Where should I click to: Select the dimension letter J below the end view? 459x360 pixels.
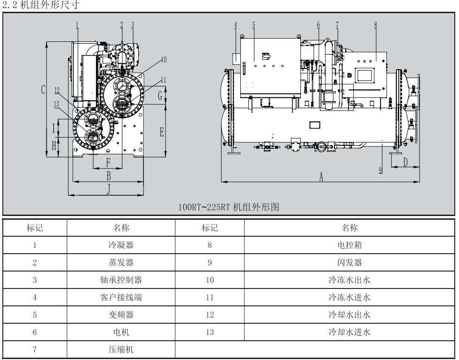tap(109, 189)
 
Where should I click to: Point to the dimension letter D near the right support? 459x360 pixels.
tap(405, 162)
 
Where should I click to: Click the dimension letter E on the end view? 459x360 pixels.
tap(162, 132)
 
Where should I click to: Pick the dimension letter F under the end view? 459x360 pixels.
tap(108, 163)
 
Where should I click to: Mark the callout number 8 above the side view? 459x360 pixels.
tap(375, 25)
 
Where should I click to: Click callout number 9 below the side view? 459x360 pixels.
tap(380, 170)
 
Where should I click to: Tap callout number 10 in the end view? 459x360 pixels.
tap(164, 59)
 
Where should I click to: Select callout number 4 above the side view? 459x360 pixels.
tap(236, 25)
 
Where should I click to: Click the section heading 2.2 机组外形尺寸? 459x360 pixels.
tap(40, 6)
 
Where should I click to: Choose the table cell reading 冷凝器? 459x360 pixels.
tap(121, 245)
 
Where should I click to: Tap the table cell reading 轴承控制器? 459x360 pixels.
tap(121, 280)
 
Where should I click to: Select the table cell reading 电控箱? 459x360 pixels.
tap(350, 245)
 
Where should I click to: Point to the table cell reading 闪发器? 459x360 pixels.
tap(350, 262)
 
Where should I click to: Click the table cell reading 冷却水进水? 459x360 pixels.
tap(350, 332)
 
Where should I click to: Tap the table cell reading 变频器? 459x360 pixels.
tap(121, 315)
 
